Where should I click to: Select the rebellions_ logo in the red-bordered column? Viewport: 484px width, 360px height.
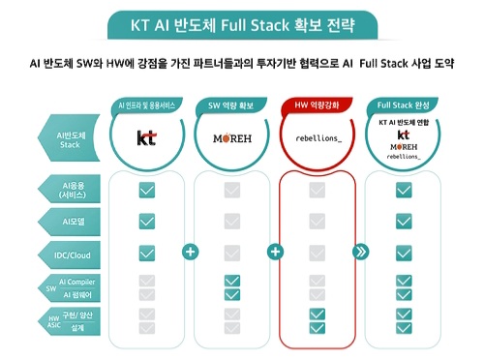pos(318,137)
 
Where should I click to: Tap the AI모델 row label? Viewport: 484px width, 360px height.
pos(74,221)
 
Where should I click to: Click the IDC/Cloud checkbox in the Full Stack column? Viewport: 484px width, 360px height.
pos(404,253)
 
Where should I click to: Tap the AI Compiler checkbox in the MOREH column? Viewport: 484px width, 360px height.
pos(232,281)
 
